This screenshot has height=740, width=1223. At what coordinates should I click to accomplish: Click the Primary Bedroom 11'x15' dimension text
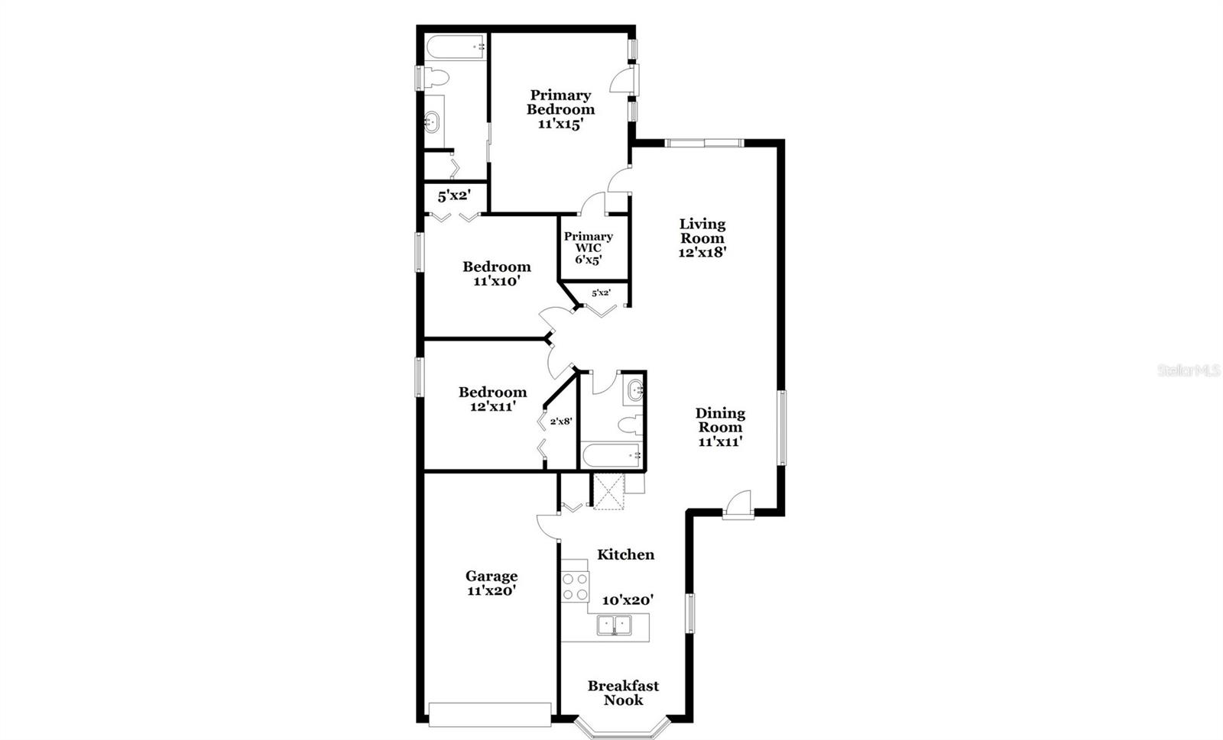[560, 124]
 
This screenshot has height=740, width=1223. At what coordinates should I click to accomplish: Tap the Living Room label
[702, 231]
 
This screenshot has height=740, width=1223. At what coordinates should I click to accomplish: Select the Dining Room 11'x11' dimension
[719, 441]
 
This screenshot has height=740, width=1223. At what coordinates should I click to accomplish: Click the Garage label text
[491, 577]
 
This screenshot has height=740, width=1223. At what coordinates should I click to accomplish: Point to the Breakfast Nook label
[623, 693]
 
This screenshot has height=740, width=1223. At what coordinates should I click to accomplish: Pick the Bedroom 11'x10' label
[496, 267]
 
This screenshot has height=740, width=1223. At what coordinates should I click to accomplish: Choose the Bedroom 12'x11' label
[492, 393]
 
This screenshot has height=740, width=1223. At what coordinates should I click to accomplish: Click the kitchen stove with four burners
[575, 586]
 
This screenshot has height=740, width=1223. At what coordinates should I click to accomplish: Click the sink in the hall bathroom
[634, 392]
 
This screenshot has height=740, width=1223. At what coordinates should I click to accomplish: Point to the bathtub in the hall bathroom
[611, 457]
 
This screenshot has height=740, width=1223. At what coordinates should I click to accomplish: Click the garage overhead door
[490, 714]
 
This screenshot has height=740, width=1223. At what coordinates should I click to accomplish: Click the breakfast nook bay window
[622, 726]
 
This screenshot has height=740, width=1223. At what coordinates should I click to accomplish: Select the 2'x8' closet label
[561, 421]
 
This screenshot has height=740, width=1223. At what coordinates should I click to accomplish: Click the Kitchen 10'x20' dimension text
[628, 600]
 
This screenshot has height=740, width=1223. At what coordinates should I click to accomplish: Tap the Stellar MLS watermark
[1188, 370]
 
